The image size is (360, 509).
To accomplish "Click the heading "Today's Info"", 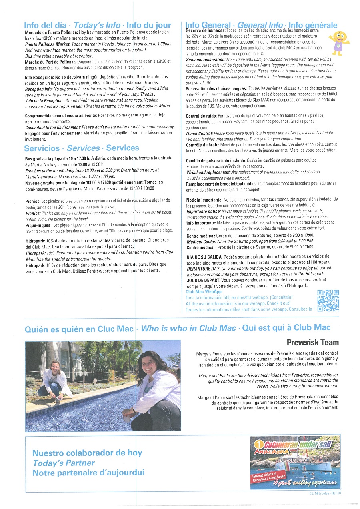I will point(97,25).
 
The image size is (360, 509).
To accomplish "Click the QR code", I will point(328,300).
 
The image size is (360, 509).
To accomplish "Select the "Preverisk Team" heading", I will point(312,342).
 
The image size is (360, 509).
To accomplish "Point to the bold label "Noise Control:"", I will point(199,133).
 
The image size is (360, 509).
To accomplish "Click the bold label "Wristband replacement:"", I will point(207,172).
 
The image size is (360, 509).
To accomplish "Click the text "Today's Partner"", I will point(64,463).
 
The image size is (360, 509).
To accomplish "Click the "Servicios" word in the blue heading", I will point(42,148).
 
